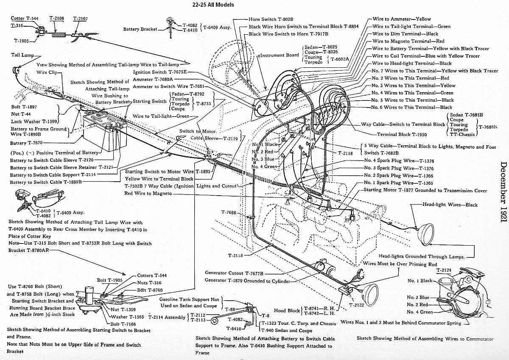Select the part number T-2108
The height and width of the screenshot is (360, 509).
click(x=57, y=19)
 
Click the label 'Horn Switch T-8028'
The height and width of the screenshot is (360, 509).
click(x=271, y=19)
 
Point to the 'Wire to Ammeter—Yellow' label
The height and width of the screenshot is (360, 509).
click(x=401, y=19)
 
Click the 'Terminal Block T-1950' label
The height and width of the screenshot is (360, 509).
click(x=402, y=135)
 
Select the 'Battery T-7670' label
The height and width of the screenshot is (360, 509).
click(x=27, y=143)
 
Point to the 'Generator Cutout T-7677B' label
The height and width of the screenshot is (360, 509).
click(x=234, y=273)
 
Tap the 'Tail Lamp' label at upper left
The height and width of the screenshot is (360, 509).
click(x=22, y=55)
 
